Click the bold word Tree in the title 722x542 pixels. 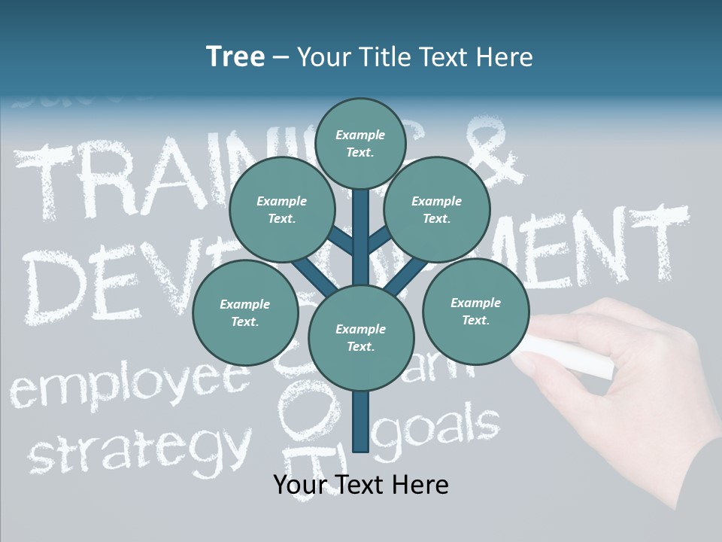click(x=235, y=57)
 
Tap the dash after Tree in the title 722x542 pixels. click(x=281, y=58)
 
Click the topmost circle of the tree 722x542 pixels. click(x=360, y=143)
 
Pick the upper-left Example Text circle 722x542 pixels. click(x=281, y=210)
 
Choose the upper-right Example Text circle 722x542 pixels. click(x=436, y=210)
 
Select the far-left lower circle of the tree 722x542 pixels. click(x=244, y=312)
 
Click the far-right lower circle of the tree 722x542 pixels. click(x=475, y=311)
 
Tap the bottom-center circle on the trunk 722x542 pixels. click(x=360, y=337)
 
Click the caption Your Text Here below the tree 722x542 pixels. click(x=361, y=485)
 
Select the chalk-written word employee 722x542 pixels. click(x=128, y=385)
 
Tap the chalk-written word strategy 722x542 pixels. click(x=139, y=448)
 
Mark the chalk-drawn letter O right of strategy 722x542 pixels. click(x=302, y=412)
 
